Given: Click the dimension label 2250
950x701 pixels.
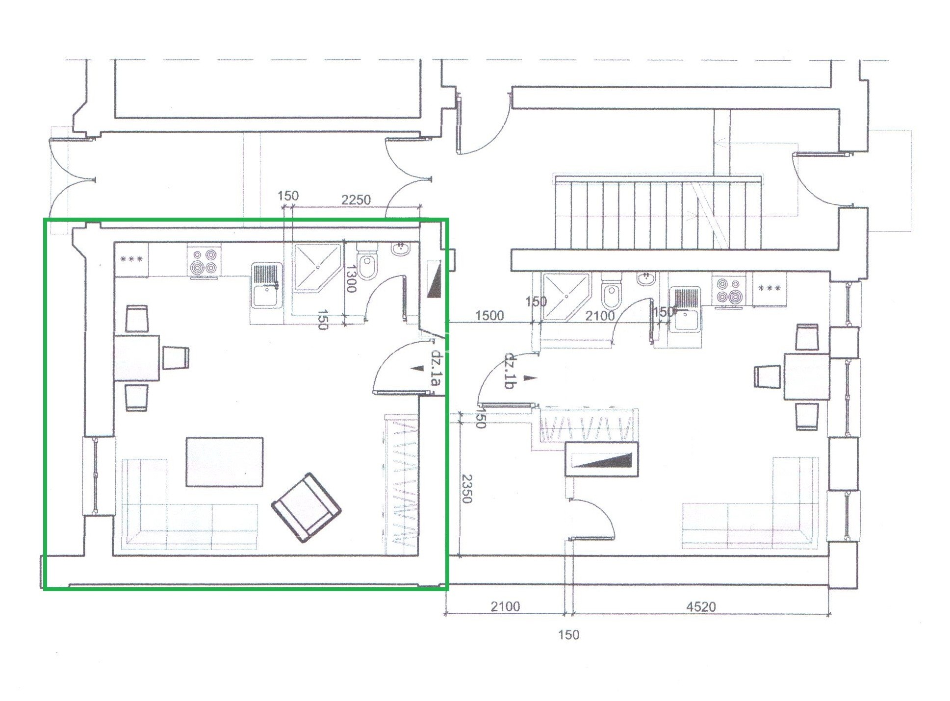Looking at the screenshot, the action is pyautogui.click(x=356, y=200).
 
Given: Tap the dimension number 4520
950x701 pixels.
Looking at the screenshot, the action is pyautogui.click(x=701, y=606).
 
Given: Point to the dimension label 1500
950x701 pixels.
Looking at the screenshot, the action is pyautogui.click(x=489, y=315).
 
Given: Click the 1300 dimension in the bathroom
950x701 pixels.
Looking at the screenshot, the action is pyautogui.click(x=351, y=278).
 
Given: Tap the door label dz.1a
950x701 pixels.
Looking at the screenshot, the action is pyautogui.click(x=436, y=366).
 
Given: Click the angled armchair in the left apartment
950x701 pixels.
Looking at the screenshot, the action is pyautogui.click(x=307, y=507).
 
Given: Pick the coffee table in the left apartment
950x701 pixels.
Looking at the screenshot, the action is pyautogui.click(x=225, y=462).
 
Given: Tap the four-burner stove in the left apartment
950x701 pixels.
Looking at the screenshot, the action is pyautogui.click(x=204, y=262).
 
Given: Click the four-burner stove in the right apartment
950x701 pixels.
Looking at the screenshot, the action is pyautogui.click(x=729, y=290).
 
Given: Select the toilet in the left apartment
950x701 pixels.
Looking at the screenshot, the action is pyautogui.click(x=367, y=260).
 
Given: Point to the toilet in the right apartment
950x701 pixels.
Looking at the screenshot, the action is pyautogui.click(x=611, y=290).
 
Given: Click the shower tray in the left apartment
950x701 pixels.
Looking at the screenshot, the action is pyautogui.click(x=317, y=267).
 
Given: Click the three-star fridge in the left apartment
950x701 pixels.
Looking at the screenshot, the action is pyautogui.click(x=131, y=259).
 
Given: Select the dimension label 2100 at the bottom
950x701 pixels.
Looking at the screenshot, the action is pyautogui.click(x=505, y=606).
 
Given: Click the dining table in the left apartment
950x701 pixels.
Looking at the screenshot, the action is pyautogui.click(x=137, y=357).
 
